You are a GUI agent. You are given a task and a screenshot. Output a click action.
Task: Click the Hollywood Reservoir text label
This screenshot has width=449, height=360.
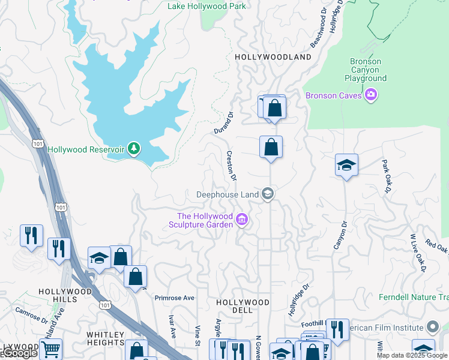tap(86, 149)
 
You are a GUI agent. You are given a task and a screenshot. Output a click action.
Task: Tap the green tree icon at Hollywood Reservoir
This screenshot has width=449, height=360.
tap(134, 148)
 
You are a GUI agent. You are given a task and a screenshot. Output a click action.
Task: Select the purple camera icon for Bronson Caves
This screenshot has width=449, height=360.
tap(370, 95)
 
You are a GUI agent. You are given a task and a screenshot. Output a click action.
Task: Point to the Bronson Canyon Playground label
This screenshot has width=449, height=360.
tap(365, 70)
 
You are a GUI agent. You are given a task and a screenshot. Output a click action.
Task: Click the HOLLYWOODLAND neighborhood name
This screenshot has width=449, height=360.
tap(273, 57)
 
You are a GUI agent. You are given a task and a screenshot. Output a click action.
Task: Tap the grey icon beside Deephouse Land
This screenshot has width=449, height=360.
tap(268, 194)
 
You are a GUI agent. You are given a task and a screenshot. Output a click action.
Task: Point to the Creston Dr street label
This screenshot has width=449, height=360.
tap(231, 166)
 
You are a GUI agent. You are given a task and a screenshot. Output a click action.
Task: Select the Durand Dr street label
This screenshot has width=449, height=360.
tap(224, 122)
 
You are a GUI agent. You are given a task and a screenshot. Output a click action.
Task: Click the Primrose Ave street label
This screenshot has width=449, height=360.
tap(175, 298)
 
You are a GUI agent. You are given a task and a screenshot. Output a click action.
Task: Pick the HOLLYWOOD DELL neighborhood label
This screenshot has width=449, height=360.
tap(243, 303)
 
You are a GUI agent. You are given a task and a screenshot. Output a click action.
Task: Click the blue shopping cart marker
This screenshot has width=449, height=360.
tap(52, 348)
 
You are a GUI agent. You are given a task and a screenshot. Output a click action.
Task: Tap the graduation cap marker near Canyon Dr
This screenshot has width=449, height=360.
tap(346, 164)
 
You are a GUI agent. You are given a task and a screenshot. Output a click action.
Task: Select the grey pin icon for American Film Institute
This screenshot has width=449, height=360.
tap(433, 327)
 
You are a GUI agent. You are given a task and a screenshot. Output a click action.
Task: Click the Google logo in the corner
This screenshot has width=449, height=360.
tap(19, 353)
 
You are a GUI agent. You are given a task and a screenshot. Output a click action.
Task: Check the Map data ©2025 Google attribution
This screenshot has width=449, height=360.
tap(412, 355)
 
